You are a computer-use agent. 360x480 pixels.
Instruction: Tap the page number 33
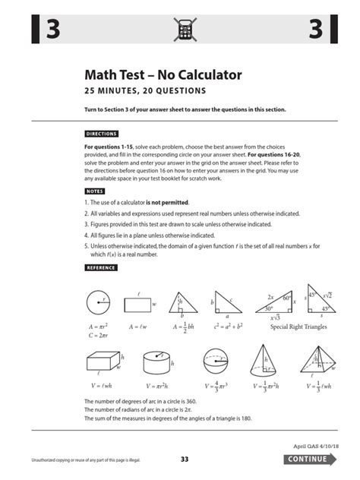(185, 459)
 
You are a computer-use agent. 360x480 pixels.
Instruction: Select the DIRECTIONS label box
(101, 133)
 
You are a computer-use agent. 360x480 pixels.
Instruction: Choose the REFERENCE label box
(100, 267)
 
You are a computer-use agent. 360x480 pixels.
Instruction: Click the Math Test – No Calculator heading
(163, 75)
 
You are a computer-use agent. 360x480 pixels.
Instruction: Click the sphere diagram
(216, 362)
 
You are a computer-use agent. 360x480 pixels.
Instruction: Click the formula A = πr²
(96, 326)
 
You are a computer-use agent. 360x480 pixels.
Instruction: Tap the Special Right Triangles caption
(300, 327)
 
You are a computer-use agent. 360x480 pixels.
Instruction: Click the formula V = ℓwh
(103, 385)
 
